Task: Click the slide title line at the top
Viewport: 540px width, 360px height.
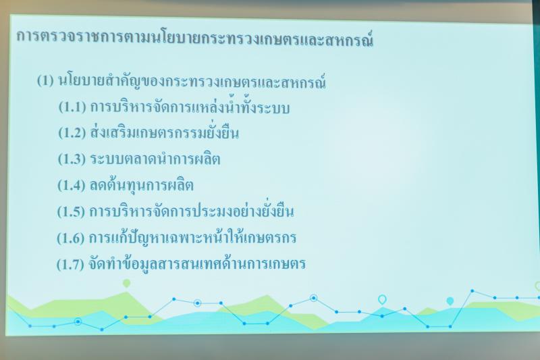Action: tap(195, 38)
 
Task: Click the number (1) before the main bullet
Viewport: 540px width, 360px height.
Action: tap(45, 80)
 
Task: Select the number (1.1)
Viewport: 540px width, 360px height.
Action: tap(72, 107)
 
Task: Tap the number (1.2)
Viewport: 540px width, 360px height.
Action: tap(72, 132)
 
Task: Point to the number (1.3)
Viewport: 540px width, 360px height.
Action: tap(72, 159)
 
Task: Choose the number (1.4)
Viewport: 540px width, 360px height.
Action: tap(72, 185)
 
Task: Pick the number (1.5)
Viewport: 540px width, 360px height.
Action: tap(71, 211)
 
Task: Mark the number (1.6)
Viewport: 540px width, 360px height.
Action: tap(71, 238)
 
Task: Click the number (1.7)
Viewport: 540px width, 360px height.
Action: tap(70, 264)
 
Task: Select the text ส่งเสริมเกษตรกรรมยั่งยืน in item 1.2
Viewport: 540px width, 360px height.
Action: tap(165, 131)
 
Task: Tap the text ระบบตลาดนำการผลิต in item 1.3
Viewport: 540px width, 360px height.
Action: tap(155, 159)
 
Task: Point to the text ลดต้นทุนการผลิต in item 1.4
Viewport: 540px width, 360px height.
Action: tap(142, 185)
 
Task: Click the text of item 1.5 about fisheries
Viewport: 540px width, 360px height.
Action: tap(192, 210)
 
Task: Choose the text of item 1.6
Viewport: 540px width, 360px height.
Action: tap(192, 236)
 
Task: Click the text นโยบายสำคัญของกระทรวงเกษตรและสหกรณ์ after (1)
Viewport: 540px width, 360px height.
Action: tap(192, 81)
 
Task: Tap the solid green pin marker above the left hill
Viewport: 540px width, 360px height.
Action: tap(127, 284)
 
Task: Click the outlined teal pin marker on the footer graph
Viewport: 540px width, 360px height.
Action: tap(382, 300)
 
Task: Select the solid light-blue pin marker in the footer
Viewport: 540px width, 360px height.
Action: tap(450, 301)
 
